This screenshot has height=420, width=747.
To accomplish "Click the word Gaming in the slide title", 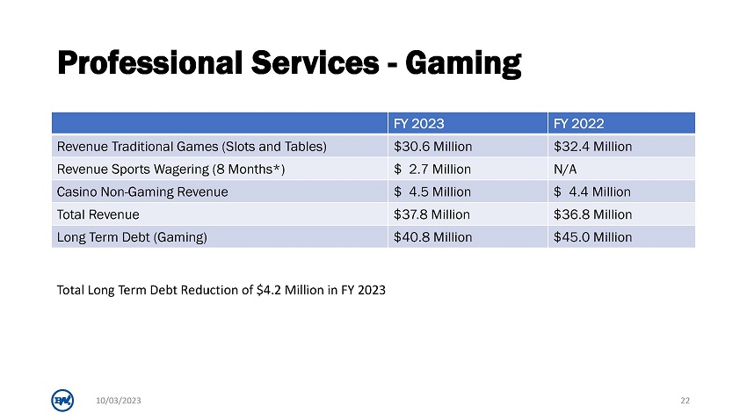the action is pos(463,64).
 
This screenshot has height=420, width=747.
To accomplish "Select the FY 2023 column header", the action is pos(418,124).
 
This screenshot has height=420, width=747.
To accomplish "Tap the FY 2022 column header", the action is pos(579,124).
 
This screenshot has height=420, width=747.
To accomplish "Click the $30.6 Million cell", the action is pos(432,146).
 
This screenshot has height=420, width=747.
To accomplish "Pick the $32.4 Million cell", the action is pos(592,146).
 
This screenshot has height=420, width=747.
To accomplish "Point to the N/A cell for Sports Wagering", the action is pos(565,169).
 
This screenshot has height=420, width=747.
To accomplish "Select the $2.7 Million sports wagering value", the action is pos(432,169).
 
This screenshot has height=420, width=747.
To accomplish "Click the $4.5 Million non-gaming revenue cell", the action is pos(432,192).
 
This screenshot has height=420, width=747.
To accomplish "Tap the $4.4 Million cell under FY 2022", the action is pos(592,192).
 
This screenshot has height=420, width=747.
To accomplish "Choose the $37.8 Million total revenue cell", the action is pos(432,214).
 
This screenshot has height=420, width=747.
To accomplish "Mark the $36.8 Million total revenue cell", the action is pos(592,214).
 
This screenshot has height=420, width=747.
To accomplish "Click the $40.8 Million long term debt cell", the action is pos(432,237).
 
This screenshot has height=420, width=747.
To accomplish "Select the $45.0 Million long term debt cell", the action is pos(592,237).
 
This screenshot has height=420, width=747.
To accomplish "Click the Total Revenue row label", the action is pos(98,214).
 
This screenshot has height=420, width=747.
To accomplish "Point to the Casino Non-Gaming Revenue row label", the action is pos(142,192).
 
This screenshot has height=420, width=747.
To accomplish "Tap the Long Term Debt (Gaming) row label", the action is pos(132,237).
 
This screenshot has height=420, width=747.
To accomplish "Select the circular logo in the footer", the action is pos(62,401).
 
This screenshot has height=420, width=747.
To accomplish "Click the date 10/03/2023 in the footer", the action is pos(119,401).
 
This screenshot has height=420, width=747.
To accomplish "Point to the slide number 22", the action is pos(685,401).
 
